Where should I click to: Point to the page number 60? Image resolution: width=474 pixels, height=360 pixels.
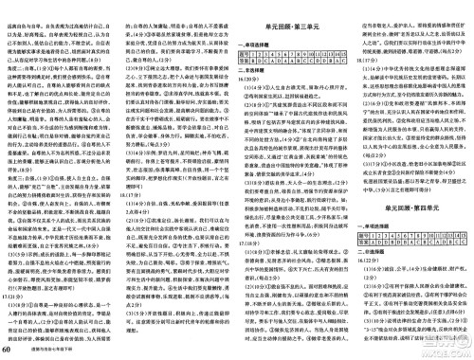tap(8, 351)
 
